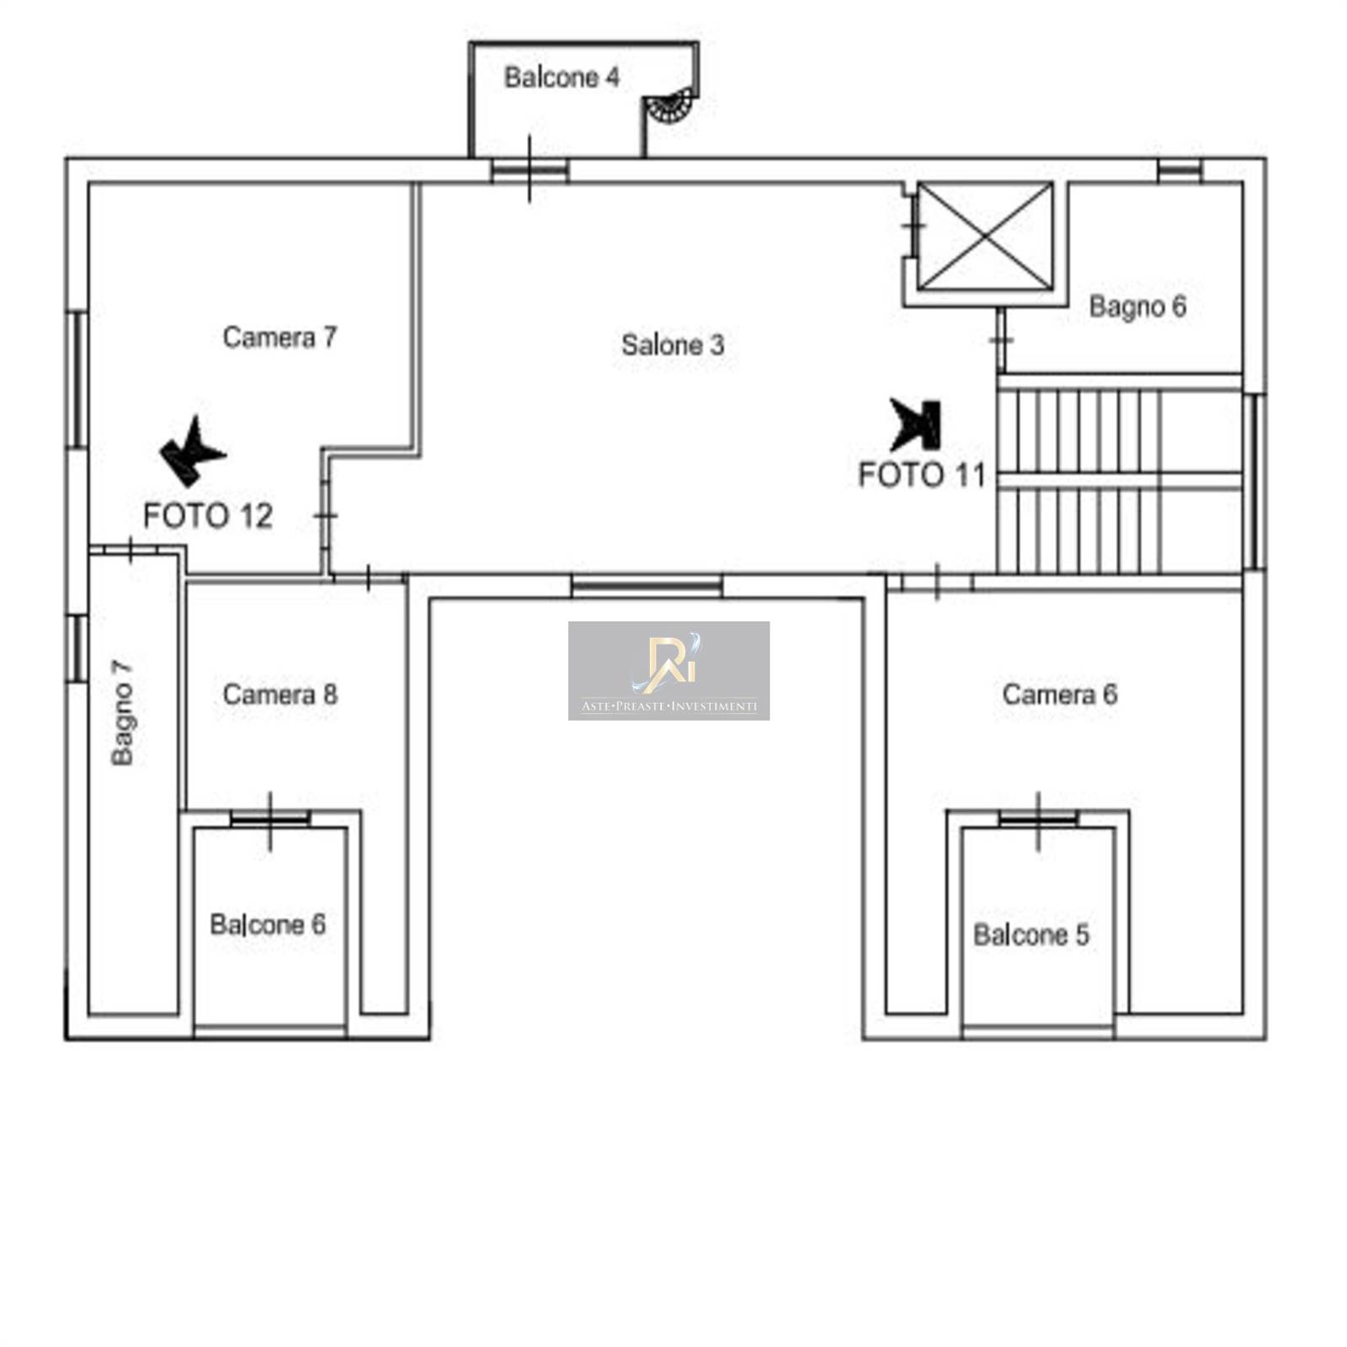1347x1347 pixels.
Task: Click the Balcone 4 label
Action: (562, 77)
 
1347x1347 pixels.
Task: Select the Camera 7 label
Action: (280, 337)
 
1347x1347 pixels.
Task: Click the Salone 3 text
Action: (673, 344)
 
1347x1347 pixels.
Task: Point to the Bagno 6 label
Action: (1137, 306)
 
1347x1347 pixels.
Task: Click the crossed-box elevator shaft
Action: (984, 236)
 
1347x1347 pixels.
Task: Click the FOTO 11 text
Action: (921, 475)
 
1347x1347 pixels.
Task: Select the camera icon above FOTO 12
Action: (192, 451)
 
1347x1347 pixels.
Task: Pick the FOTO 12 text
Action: (208, 515)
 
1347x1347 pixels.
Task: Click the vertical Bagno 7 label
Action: (123, 712)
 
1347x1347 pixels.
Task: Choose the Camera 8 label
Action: (280, 695)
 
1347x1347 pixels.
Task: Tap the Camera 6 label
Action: (1059, 695)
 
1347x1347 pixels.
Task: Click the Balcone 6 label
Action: (268, 924)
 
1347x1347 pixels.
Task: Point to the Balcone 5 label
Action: (1031, 934)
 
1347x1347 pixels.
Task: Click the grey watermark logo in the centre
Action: (668, 671)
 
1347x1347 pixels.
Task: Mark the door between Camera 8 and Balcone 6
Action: (270, 818)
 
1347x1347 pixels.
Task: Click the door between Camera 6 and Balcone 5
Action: (1038, 818)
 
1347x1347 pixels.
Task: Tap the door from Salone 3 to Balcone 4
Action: (530, 171)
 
